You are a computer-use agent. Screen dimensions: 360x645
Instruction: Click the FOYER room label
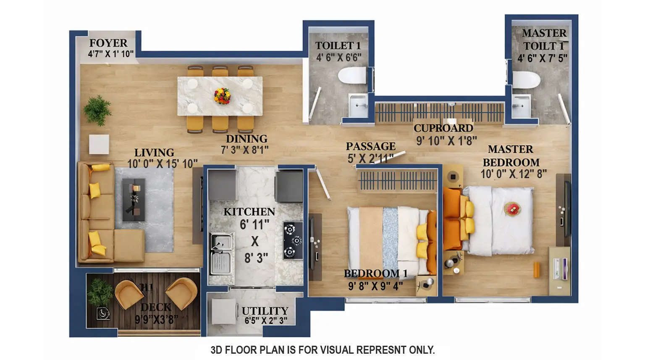click(x=108, y=43)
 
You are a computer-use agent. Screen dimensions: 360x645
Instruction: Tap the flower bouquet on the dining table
click(x=222, y=96)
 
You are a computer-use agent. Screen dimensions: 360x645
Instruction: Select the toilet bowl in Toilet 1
click(x=351, y=76)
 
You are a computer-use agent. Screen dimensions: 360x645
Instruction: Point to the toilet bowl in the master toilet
click(x=525, y=79)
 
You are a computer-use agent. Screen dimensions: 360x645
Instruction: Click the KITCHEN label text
click(x=249, y=212)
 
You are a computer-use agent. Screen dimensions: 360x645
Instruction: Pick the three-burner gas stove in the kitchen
click(x=292, y=241)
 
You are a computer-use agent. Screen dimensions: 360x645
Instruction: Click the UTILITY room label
click(x=265, y=311)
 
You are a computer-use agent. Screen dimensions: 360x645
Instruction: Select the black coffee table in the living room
click(x=134, y=200)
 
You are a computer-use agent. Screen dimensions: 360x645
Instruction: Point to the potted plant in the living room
click(x=97, y=110)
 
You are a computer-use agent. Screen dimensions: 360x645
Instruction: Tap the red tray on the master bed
click(x=512, y=208)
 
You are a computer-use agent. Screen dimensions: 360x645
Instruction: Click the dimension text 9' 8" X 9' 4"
click(x=375, y=286)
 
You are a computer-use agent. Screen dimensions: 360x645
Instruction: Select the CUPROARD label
click(x=443, y=128)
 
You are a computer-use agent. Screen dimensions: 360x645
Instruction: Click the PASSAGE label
click(x=370, y=146)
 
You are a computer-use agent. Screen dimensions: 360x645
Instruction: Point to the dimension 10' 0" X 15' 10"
click(x=162, y=163)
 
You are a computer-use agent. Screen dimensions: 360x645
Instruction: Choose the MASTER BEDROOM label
click(x=511, y=156)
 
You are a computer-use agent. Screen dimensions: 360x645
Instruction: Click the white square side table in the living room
click(x=99, y=144)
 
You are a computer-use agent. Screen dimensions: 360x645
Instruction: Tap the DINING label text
click(x=246, y=139)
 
